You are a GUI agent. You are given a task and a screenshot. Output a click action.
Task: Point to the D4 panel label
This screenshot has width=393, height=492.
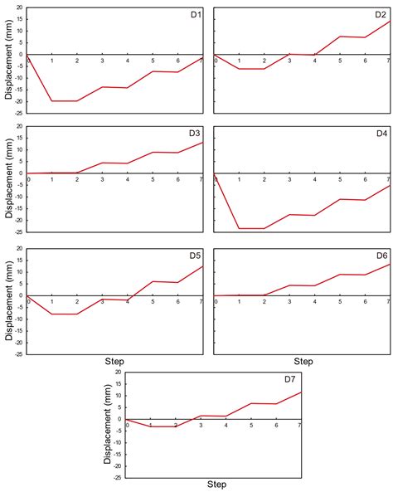[x=381, y=134]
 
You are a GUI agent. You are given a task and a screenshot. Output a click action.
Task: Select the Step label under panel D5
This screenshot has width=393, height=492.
[x=115, y=362]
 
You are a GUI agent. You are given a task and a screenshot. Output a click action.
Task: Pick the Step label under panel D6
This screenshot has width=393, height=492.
[x=303, y=362]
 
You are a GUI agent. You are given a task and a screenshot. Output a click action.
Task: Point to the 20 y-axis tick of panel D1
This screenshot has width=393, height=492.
[x=19, y=7]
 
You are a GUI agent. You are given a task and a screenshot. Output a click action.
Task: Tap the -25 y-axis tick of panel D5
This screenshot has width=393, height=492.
[x=17, y=353]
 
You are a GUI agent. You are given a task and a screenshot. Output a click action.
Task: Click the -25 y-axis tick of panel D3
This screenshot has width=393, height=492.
[x=17, y=231]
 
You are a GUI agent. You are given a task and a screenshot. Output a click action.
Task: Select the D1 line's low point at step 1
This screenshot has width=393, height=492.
[x=51, y=100]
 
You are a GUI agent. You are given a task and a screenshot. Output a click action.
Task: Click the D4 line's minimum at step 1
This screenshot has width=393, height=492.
[x=240, y=228]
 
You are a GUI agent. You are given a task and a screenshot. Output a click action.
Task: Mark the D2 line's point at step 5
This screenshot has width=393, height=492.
[x=340, y=37]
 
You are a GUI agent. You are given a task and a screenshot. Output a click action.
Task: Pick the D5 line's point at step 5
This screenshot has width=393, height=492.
[x=153, y=281]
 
